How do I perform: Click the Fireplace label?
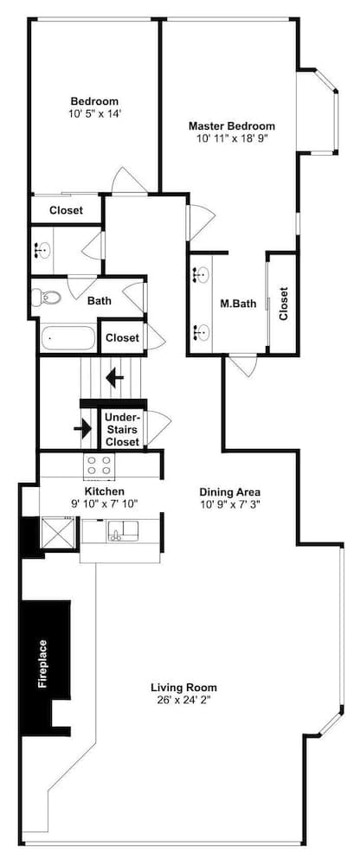tap(42, 664)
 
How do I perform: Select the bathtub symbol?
tap(67, 337)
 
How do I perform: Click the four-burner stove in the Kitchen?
tap(99, 465)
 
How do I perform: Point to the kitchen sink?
tap(123, 531)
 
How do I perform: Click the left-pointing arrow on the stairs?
tap(115, 379)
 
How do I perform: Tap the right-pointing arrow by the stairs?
tap(83, 428)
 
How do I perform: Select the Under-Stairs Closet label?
tap(123, 429)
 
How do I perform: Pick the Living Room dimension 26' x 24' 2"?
tap(183, 700)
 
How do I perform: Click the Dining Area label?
tap(229, 492)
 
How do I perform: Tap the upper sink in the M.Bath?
tap(200, 273)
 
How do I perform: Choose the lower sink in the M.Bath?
tap(200, 332)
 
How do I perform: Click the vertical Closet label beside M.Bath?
tap(284, 304)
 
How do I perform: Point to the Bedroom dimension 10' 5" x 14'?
tap(94, 113)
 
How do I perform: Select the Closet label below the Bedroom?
tap(67, 210)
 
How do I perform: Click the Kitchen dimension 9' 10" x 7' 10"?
tap(104, 503)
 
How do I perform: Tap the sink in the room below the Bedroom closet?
tap(41, 250)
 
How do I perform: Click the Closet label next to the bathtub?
tap(122, 337)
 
